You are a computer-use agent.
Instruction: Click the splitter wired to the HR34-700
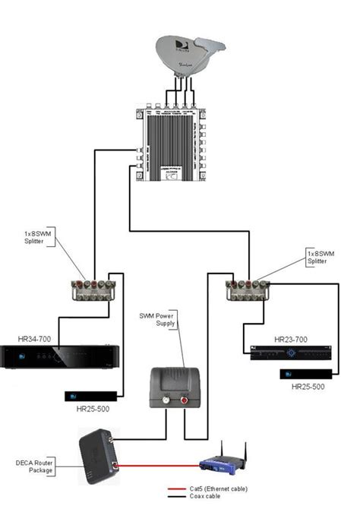[94, 288]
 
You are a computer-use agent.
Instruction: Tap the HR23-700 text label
[292, 340]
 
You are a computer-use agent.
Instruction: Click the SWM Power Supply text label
[156, 320]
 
